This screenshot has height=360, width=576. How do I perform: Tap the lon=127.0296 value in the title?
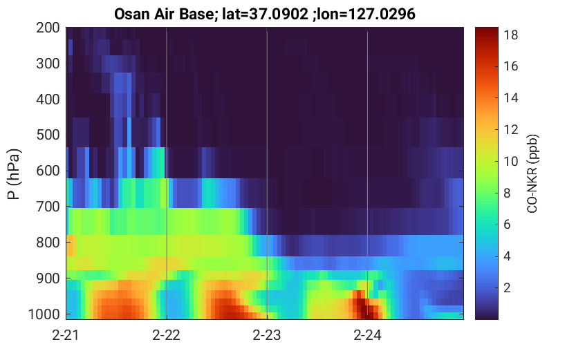tap(367, 14)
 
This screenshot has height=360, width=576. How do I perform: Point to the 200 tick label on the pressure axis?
tap(48, 28)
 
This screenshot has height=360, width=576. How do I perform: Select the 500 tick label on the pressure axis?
tap(48, 135)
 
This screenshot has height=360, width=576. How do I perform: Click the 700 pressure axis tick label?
tap(48, 207)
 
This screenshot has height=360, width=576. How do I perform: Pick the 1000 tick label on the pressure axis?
tap(44, 314)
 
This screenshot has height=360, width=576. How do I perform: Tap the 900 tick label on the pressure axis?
tap(48, 278)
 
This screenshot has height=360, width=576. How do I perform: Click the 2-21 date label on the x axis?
tap(66, 335)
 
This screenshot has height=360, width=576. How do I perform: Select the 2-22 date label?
tap(167, 335)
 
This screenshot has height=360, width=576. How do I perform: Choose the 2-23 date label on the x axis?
tap(267, 335)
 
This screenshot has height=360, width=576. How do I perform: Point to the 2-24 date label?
tap(367, 335)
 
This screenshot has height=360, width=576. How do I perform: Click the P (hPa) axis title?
tap(14, 174)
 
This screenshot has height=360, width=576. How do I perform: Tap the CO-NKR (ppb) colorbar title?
tap(532, 173)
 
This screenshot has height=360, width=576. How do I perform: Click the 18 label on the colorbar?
tap(510, 35)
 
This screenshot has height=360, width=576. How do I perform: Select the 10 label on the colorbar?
tap(510, 161)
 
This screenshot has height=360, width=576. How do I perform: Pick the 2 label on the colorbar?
tap(507, 287)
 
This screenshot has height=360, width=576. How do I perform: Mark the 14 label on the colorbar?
tap(510, 98)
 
